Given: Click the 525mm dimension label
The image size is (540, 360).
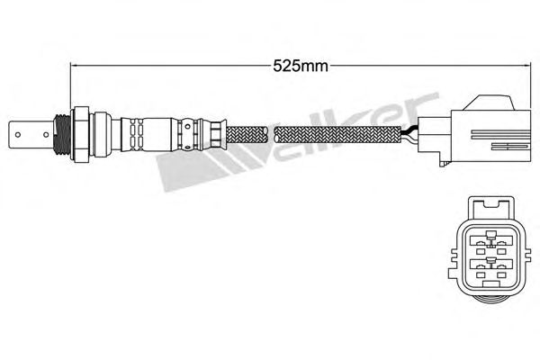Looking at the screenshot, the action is pyautogui.click(x=301, y=66).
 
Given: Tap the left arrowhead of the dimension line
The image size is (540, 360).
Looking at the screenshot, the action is pyautogui.click(x=73, y=65).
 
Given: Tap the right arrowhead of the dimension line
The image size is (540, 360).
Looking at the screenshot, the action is pyautogui.click(x=526, y=65).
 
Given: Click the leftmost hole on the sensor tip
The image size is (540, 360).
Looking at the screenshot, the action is pyautogui.click(x=18, y=134).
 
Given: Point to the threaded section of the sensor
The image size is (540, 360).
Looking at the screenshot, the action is pyautogui.click(x=62, y=134).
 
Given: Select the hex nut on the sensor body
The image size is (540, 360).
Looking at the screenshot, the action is pyautogui.click(x=80, y=134).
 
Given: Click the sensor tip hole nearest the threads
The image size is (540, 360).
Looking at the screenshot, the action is pyautogui.click(x=46, y=134).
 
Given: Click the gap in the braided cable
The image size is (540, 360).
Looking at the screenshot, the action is pyautogui.click(x=272, y=134).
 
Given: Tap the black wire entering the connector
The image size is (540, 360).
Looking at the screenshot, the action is pyautogui.click(x=409, y=130).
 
